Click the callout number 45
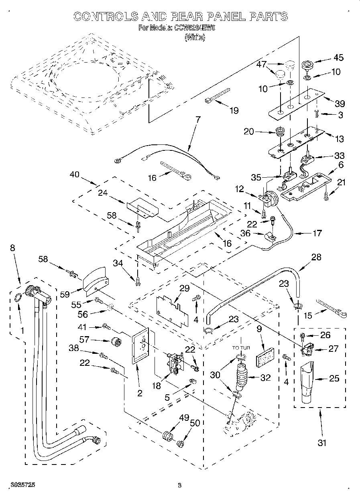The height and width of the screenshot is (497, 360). (x=338, y=58)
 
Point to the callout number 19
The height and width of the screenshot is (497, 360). (x=233, y=111)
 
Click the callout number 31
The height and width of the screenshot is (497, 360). (x=322, y=443)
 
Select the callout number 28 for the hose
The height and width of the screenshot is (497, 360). (x=316, y=257)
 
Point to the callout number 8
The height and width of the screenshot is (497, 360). (x=13, y=248)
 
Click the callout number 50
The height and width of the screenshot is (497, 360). (x=195, y=423)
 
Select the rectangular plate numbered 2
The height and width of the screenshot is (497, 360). (x=140, y=346)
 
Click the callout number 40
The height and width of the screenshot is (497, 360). (x=75, y=175)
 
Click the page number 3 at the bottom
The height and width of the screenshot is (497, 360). (x=180, y=486)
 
